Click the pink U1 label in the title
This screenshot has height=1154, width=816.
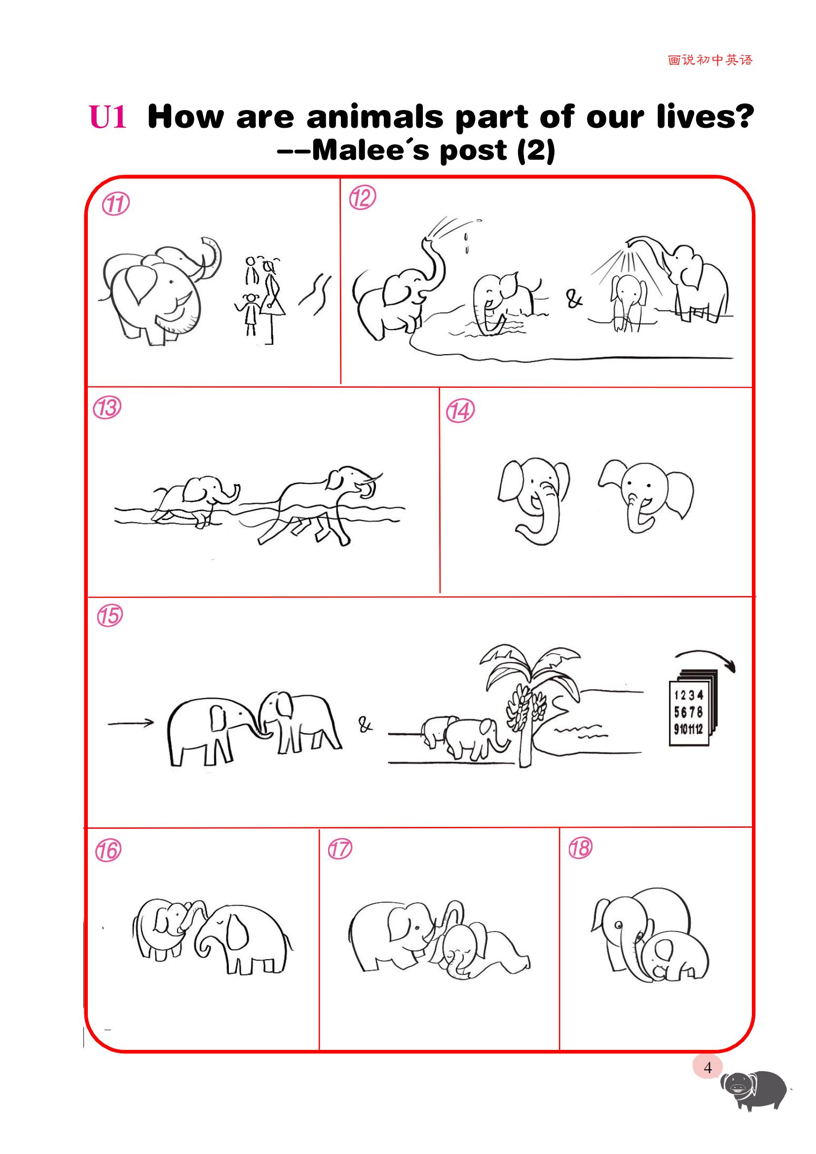pos(108,117)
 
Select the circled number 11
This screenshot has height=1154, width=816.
pos(115,205)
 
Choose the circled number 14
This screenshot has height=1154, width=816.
pos(460,411)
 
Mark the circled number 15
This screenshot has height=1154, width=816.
pos(109,616)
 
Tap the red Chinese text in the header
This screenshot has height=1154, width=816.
pos(710,60)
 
